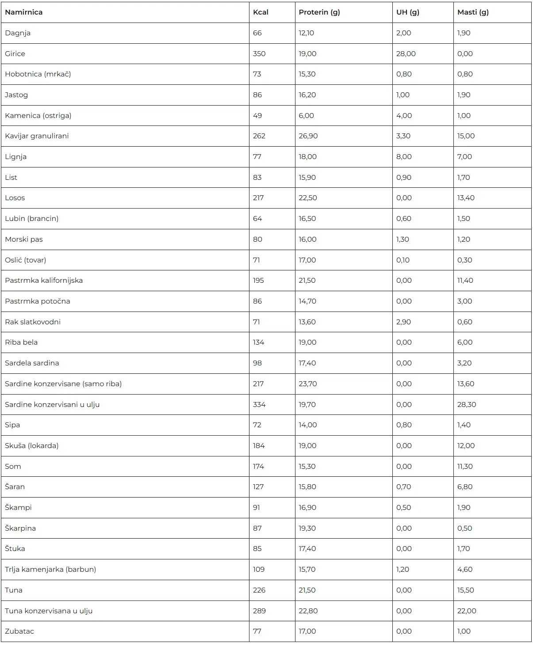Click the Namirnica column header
[24, 12]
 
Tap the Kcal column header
[261, 12]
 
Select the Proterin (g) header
[319, 12]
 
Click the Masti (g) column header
[473, 12]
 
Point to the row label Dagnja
[18, 33]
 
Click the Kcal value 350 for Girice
[259, 54]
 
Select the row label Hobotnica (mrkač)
[38, 74]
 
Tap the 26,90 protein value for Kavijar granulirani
[308, 136]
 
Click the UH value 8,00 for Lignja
[404, 157]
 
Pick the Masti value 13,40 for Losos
[466, 198]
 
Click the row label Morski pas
[24, 239]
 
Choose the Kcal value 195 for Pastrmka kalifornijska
[258, 281]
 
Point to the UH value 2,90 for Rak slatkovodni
[403, 322]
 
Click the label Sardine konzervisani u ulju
[52, 405]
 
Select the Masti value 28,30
[467, 405]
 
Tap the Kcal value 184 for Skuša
[259, 446]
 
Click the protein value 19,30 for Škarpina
[307, 528]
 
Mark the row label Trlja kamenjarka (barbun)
[50, 570]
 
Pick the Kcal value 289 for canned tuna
[259, 611]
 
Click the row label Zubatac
[19, 631]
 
